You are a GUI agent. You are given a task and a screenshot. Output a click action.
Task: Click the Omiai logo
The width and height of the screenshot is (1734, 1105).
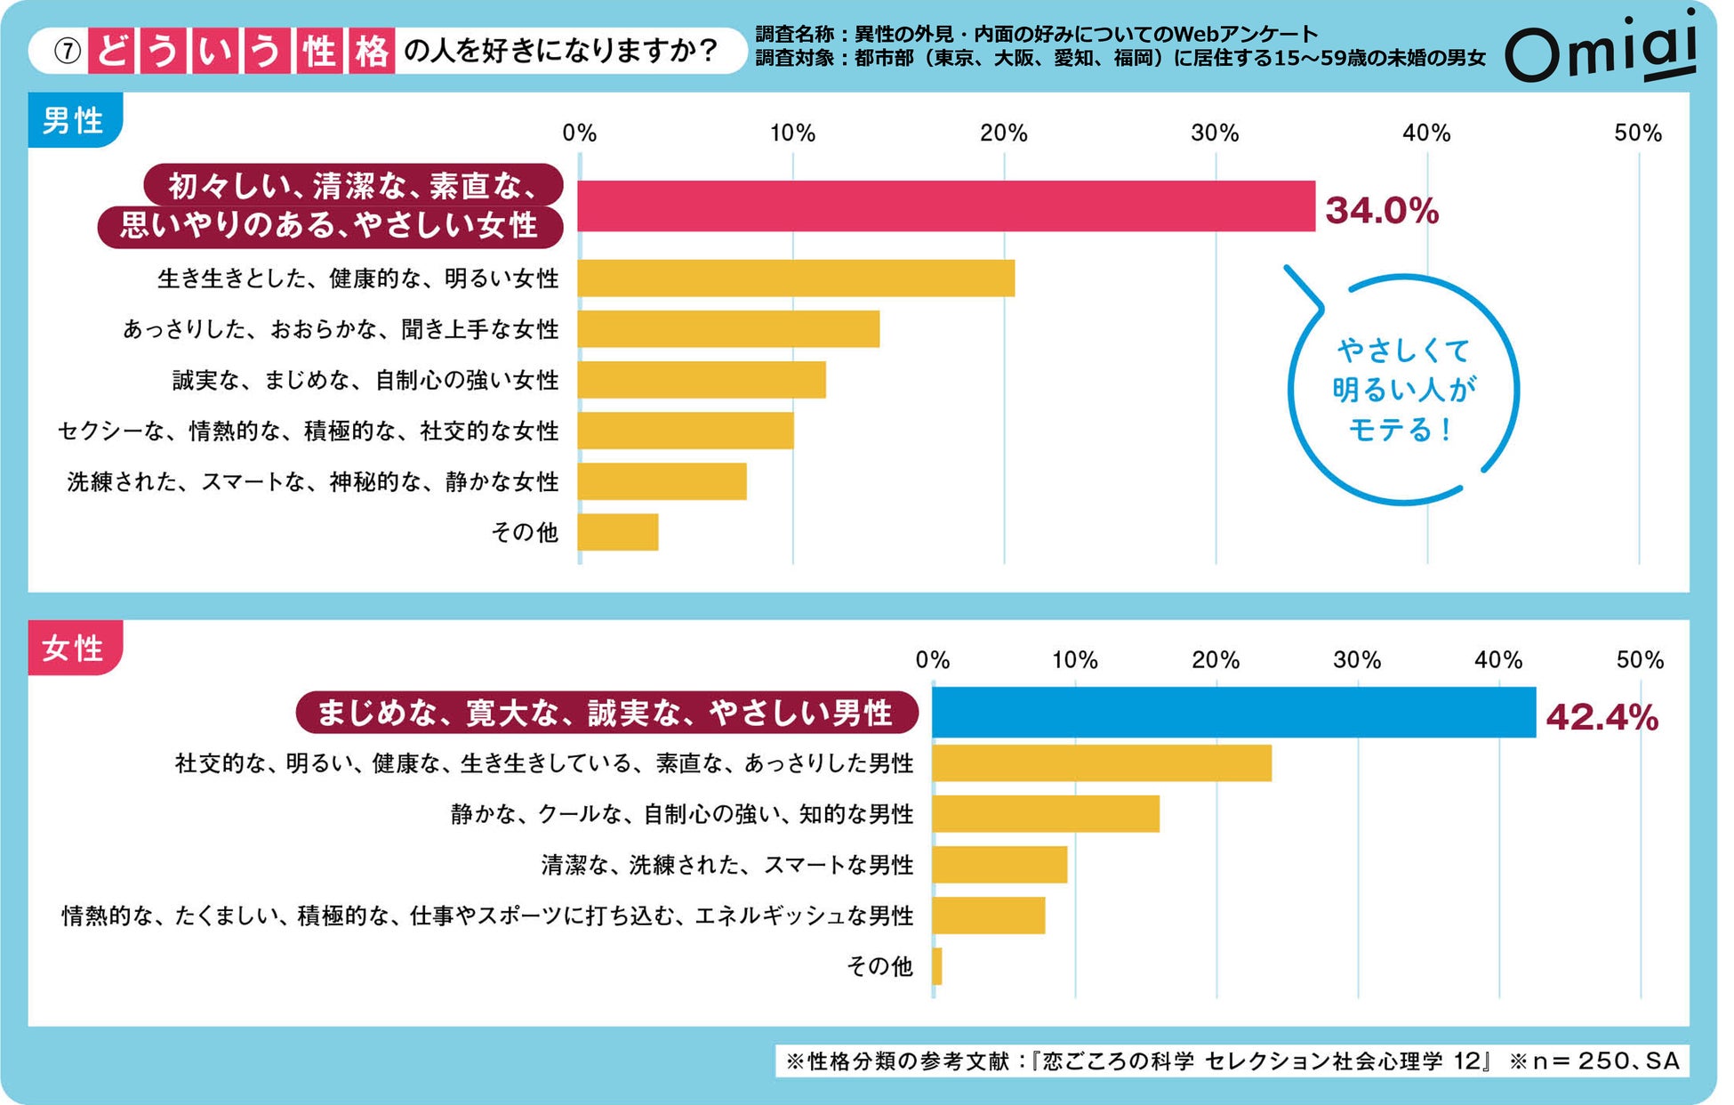coord(1601,49)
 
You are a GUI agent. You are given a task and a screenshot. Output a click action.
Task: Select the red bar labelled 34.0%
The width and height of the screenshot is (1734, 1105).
coord(945,206)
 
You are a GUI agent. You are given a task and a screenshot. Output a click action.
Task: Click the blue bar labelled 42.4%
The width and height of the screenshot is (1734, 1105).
coord(1233,712)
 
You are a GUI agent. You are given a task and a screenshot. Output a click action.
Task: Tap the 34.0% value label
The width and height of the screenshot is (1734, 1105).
coord(1381,211)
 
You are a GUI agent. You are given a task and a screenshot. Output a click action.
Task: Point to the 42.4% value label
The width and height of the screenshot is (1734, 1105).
coord(1602,717)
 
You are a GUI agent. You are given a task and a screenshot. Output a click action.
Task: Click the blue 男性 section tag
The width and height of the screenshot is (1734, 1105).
coord(75,120)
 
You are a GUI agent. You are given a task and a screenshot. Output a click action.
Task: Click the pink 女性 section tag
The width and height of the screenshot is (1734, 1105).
coord(75,648)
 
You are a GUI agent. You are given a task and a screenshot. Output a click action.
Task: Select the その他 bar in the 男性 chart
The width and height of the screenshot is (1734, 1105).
coord(618,532)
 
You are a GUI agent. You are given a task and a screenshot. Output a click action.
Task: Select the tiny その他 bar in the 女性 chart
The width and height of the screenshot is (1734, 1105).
coord(937,966)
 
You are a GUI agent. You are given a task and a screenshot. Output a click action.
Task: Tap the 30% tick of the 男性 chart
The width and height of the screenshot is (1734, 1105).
coord(1215,133)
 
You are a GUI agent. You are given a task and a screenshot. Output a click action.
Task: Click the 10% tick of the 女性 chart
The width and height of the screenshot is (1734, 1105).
coord(1074,660)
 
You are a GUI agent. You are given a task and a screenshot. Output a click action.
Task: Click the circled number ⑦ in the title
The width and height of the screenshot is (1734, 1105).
coord(68,52)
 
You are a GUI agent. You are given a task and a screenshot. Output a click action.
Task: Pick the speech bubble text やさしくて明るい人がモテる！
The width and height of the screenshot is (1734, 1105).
coord(1403,390)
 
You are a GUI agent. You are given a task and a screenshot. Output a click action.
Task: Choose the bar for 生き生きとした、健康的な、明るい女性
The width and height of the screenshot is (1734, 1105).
coord(796,278)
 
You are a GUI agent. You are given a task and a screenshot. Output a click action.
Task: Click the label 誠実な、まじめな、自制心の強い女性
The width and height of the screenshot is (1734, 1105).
coord(365,381)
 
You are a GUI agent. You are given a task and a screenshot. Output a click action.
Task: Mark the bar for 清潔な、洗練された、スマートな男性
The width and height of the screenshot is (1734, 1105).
coord(999,865)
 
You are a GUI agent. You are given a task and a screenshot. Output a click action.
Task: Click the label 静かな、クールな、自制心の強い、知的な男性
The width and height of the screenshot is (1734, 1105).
coord(682,814)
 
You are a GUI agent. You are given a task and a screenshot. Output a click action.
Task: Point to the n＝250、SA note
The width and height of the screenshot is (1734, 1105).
coord(1595,1061)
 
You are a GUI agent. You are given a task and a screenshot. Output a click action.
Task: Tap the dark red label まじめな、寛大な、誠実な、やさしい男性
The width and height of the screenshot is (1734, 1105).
coord(606,713)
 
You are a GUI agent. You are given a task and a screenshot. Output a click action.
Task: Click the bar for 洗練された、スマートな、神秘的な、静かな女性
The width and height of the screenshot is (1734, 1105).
coord(662,481)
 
